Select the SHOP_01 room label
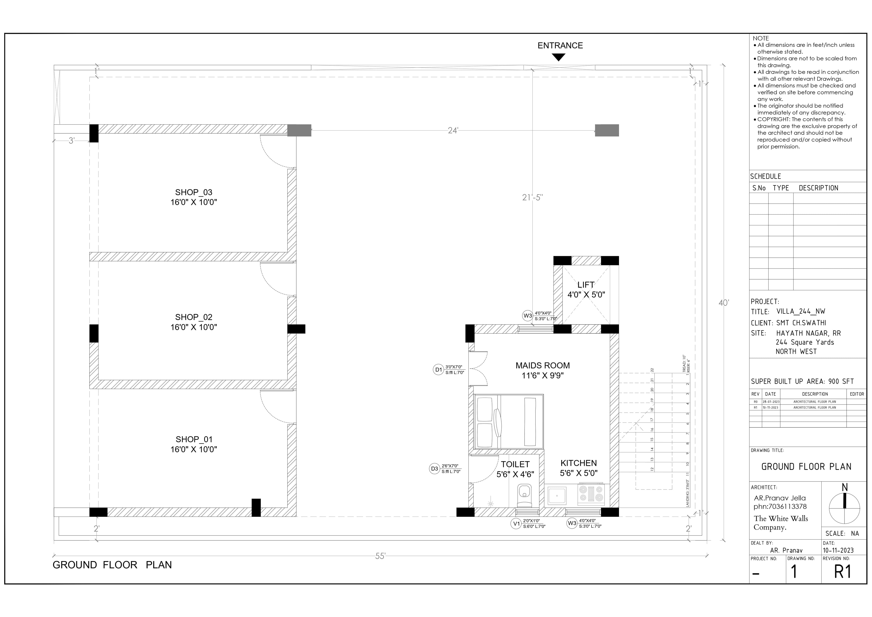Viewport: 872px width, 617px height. (194, 440)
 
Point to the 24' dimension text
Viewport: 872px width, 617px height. (453, 130)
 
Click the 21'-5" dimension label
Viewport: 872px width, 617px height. (533, 197)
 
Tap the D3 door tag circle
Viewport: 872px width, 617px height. (434, 469)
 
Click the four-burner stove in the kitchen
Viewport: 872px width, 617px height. (591, 495)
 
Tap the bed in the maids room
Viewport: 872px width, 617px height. (509, 422)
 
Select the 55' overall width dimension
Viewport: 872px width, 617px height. (380, 556)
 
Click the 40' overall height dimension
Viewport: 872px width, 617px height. (723, 303)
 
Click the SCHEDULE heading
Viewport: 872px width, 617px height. (766, 176)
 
